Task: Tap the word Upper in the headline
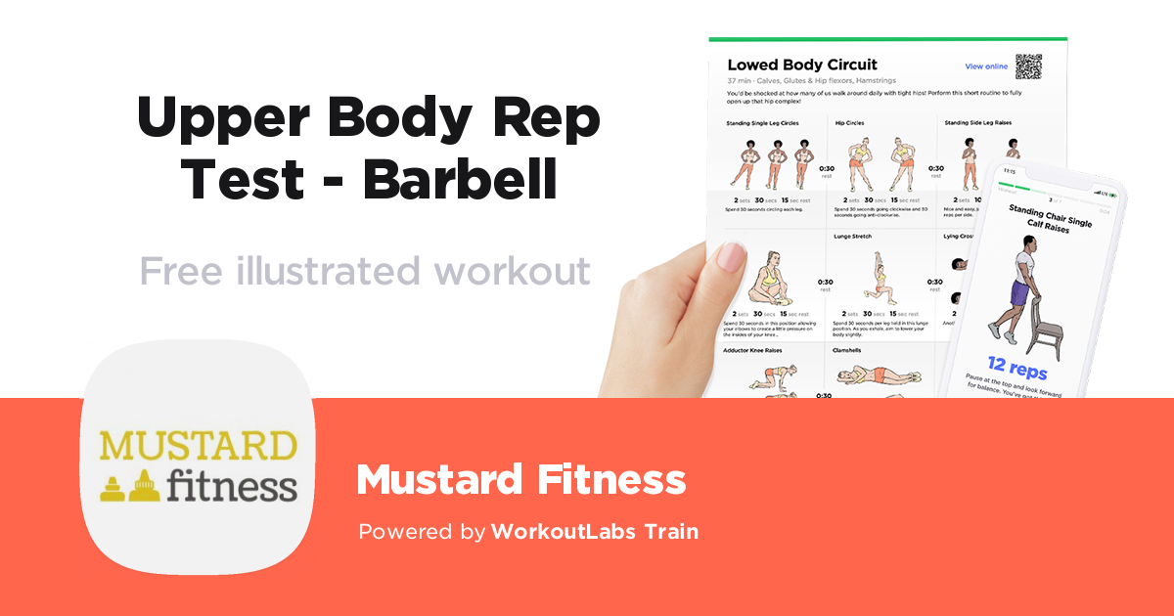223,118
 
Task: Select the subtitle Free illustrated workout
365,270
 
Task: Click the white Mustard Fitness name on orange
520,480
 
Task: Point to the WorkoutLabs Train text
595,532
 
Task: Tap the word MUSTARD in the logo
198,446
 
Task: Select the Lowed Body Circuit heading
802,66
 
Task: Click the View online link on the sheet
985,66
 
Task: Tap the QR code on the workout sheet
1028,66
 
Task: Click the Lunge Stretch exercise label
854,237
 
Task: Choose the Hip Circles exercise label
849,123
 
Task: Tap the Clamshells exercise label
847,349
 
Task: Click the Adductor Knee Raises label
752,349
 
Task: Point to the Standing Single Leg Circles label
763,123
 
